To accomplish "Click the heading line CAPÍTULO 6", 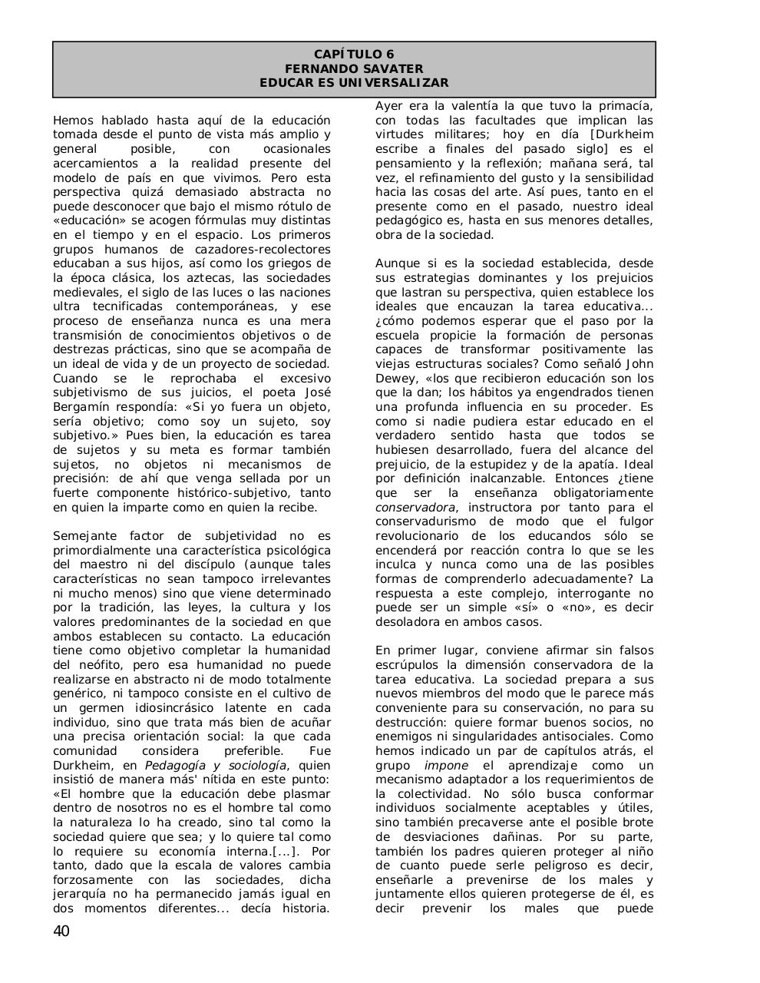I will [354, 55].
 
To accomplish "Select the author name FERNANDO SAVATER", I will [354, 68].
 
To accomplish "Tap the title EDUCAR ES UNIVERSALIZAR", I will [354, 83].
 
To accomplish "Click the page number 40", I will [61, 932].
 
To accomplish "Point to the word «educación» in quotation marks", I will [84, 220].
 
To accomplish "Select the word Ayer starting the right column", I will [389, 106].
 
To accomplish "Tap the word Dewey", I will [395, 379].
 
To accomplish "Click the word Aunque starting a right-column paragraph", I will [396, 263].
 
